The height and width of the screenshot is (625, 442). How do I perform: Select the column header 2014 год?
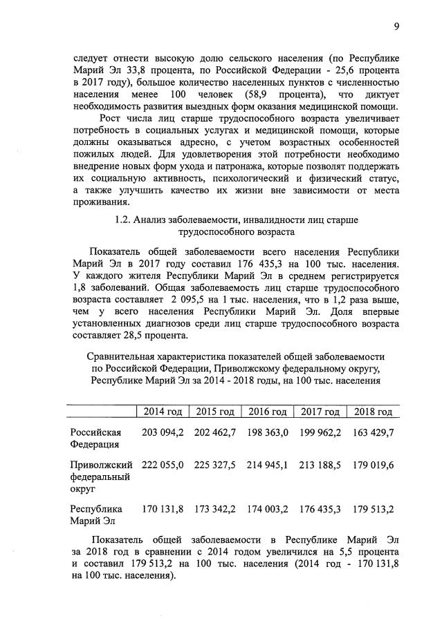tap(163, 412)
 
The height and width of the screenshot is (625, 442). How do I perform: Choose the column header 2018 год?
tap(373, 412)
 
